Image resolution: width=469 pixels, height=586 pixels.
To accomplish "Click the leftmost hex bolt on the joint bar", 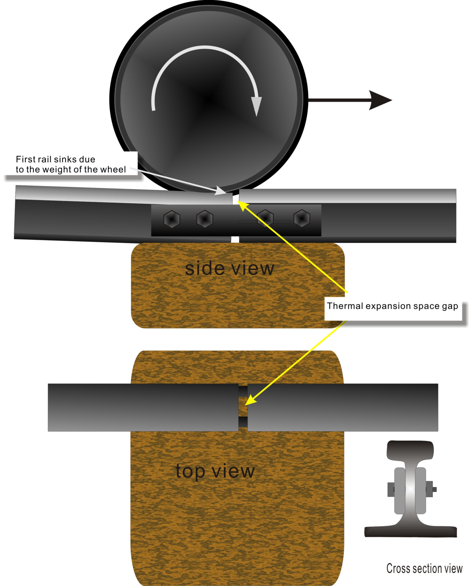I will [172, 219].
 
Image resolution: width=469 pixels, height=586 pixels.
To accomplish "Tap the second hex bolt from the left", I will [205, 219].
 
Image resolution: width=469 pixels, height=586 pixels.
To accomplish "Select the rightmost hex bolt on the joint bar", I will [302, 218].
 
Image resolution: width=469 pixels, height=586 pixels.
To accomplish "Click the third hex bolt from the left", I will [265, 218].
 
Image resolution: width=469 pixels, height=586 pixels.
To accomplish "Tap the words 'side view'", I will [229, 269].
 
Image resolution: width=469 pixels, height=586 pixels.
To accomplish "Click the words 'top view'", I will [215, 471].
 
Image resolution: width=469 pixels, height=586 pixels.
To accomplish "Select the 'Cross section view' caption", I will [424, 568].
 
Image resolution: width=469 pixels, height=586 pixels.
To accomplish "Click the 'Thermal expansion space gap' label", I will [392, 306].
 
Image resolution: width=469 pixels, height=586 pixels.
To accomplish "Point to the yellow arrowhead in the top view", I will [251, 400].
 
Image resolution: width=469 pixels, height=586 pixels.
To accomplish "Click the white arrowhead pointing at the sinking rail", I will [221, 191].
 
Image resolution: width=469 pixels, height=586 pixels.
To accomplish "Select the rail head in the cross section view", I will [410, 450].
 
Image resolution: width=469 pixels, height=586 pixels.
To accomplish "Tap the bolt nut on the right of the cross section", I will [430, 489].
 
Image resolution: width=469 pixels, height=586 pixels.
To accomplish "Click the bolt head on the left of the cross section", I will [391, 489].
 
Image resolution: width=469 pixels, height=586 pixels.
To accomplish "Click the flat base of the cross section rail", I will [410, 531].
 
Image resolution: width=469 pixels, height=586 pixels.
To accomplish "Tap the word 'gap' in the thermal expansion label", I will [450, 306].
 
